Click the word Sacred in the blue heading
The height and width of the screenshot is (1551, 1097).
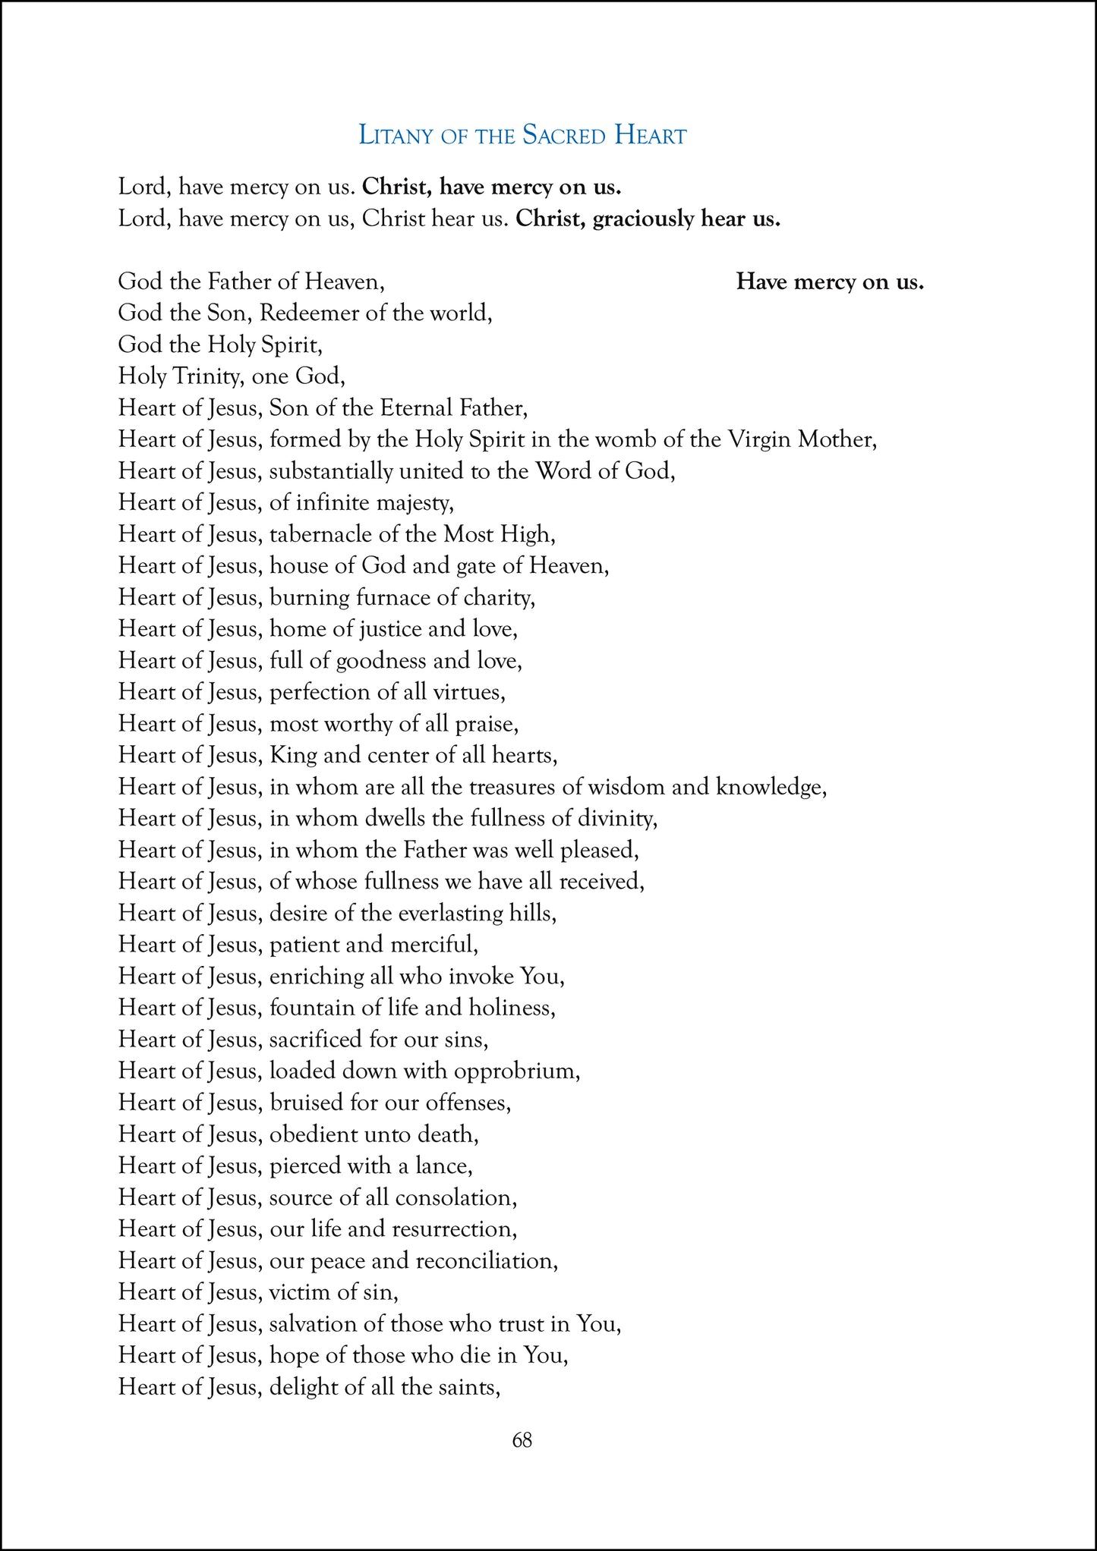click(564, 136)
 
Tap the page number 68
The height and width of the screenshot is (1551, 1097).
click(522, 1439)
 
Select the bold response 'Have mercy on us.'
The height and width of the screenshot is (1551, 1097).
click(830, 282)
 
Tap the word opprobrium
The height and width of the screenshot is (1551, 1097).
click(516, 1071)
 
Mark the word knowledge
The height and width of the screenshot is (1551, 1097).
click(771, 787)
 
